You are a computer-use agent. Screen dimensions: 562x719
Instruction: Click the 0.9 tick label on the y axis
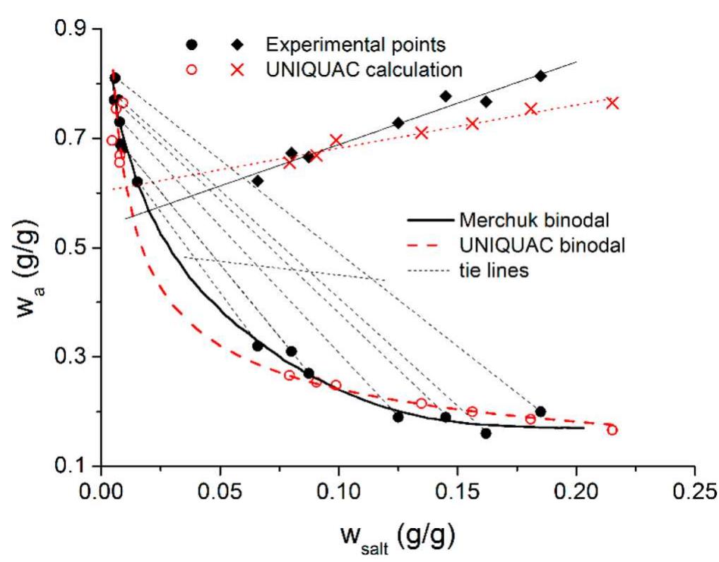[67, 29]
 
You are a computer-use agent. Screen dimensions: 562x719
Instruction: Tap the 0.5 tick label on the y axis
[67, 248]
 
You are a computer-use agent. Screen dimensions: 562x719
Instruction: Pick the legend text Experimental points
[355, 45]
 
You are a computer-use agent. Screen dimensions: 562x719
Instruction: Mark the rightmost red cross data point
[612, 103]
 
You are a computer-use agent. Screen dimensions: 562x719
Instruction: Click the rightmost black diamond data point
[540, 76]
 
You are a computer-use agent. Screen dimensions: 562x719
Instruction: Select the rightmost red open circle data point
[612, 430]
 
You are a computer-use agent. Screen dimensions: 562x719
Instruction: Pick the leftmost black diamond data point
[258, 181]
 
